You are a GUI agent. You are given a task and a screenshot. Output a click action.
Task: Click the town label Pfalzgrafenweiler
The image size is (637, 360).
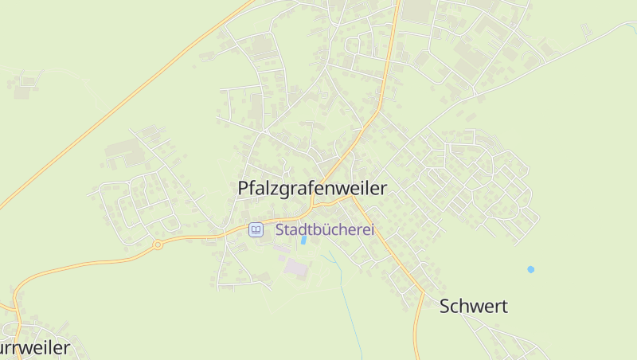pos(312,189)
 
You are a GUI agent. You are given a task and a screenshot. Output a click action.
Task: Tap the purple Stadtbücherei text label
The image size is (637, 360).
pos(325,230)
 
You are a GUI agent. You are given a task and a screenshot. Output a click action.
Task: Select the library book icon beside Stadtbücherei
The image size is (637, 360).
pos(256,230)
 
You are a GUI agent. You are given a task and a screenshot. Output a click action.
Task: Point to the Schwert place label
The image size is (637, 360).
pos(474,307)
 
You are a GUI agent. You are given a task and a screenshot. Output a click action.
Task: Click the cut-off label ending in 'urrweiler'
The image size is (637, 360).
pos(35,348)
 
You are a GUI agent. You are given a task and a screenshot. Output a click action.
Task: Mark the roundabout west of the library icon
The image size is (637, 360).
pos(158,245)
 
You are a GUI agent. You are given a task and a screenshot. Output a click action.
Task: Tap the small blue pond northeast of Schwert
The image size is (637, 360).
pos(531,269)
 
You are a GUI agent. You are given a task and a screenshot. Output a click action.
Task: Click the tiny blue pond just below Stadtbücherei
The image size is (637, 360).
pos(303,240)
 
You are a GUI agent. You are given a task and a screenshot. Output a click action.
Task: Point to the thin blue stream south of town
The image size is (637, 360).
pos(345,295)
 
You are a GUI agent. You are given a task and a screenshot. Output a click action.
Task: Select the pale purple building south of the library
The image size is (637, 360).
pos(295,268)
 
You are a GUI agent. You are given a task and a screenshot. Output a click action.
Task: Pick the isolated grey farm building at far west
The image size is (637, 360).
pos(22,92)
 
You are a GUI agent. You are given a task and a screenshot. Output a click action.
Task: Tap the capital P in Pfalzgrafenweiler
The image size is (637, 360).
pos(244,189)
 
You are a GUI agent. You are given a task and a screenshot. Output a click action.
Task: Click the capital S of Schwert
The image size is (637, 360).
pos(446,307)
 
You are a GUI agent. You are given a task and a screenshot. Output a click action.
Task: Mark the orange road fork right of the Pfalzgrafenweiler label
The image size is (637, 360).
pos(354,199)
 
